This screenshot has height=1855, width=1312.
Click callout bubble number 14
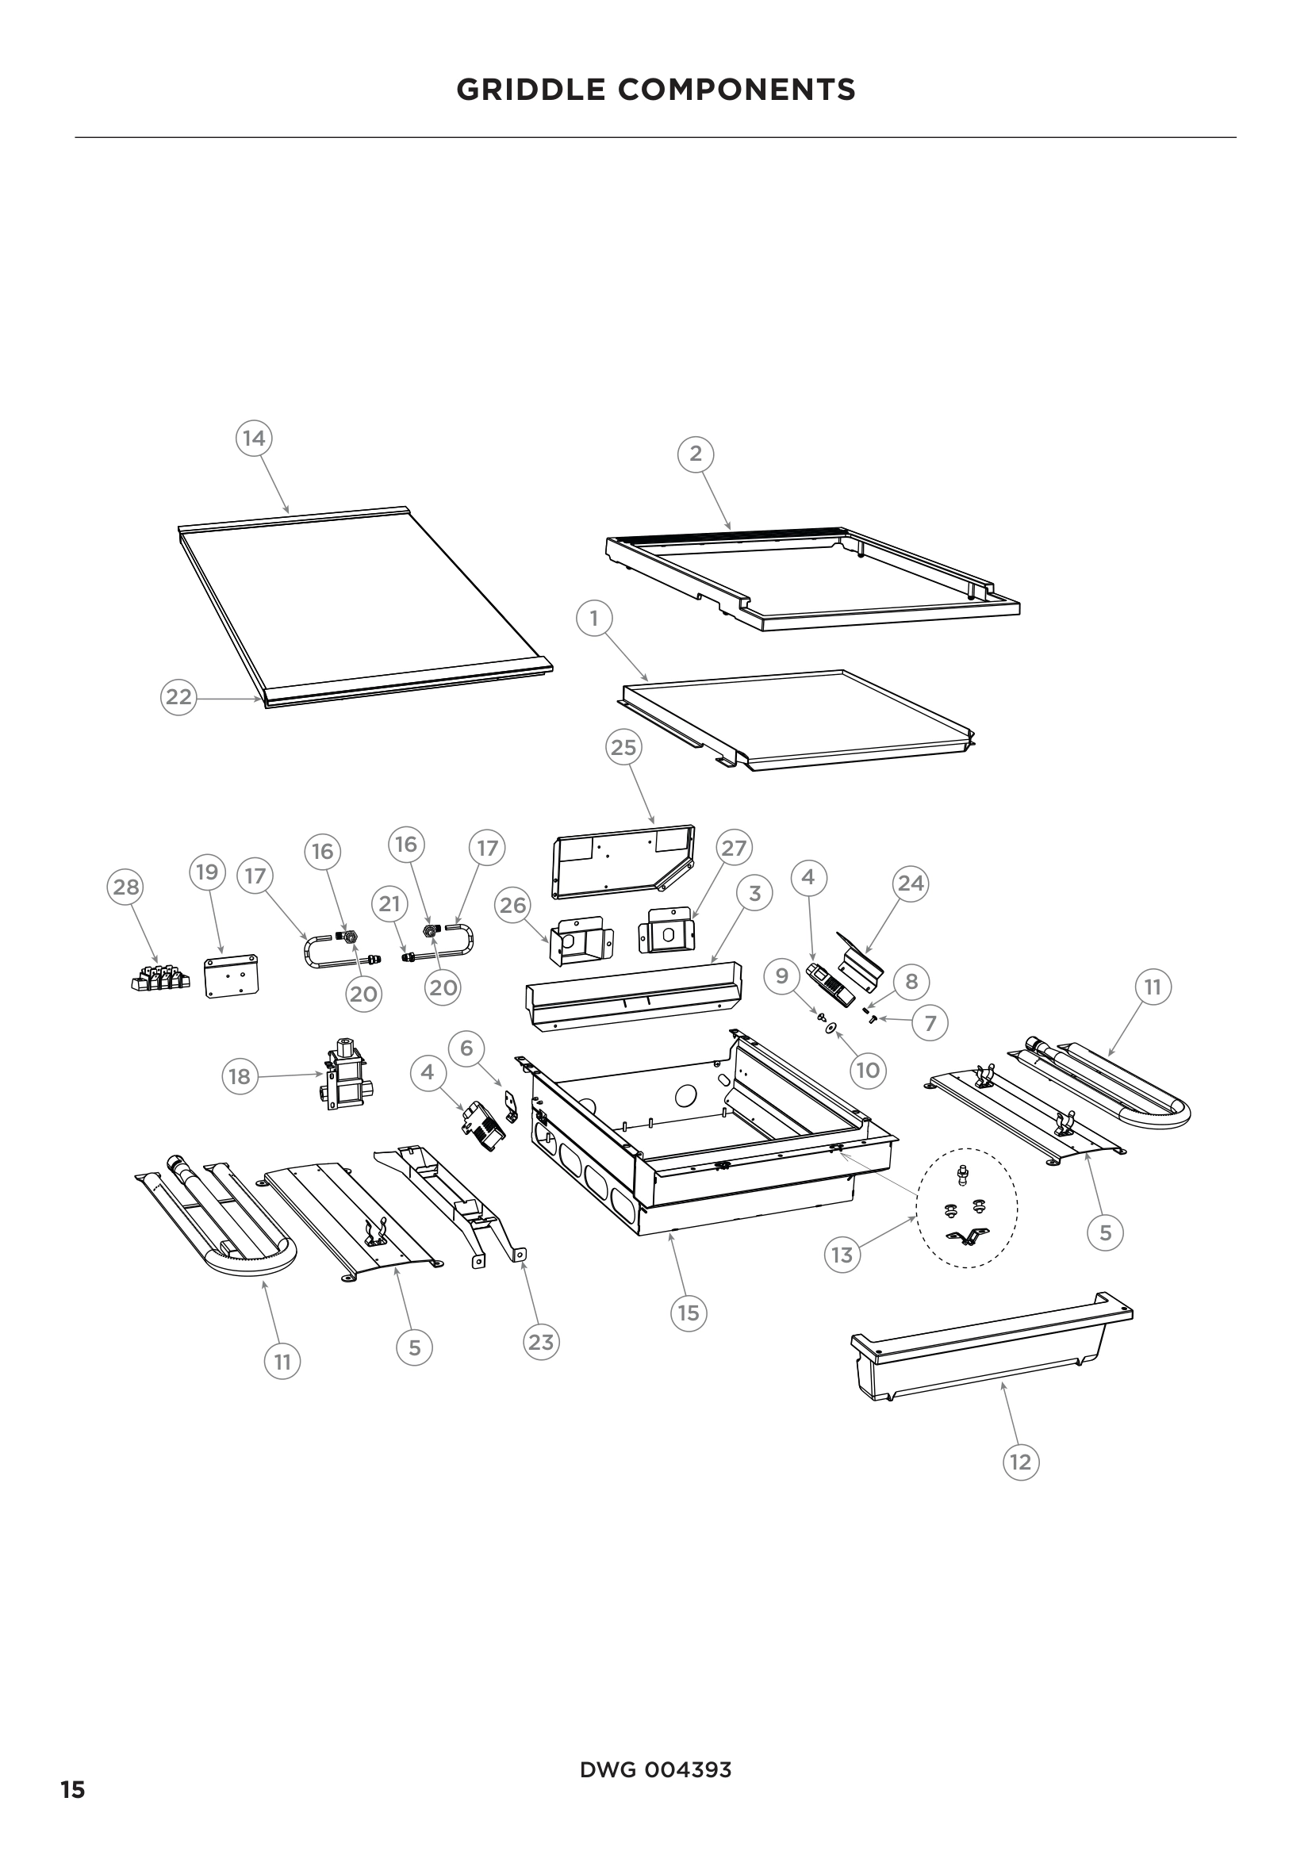click(254, 438)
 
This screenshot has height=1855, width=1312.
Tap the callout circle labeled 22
click(178, 696)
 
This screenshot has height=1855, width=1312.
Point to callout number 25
click(623, 747)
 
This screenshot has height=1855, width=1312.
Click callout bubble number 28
click(126, 887)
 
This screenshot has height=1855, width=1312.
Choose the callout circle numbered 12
click(1020, 1462)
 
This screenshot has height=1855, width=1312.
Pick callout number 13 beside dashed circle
click(842, 1255)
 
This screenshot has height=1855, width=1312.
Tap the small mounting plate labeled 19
click(232, 975)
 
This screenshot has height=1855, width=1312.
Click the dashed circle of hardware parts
click(966, 1208)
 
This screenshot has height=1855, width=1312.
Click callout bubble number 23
click(540, 1342)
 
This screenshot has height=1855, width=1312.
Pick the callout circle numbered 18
click(240, 1076)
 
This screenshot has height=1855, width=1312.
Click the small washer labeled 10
click(830, 1027)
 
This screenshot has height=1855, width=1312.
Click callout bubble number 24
click(911, 883)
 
